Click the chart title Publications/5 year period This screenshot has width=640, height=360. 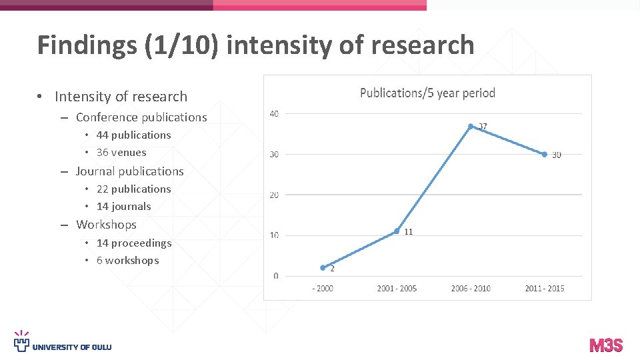pos(427,93)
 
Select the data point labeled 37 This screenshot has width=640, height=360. pos(471,126)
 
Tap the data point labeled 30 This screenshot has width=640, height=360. pos(545,154)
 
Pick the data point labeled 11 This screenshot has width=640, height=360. pos(397,231)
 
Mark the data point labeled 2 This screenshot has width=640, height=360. pos(323,267)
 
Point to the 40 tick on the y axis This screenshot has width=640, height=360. pos(274,114)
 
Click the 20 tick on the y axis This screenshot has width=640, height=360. pos(274,195)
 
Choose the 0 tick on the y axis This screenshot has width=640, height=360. pos(276,276)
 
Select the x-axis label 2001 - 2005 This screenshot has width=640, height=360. pos(397,289)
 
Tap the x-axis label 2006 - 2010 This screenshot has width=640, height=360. pos(471,289)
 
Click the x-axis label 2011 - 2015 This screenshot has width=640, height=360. pos(545,289)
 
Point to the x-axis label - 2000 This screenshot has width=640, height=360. pos(323,289)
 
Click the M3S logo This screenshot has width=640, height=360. pos(606,345)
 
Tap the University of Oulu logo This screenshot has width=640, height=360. pos(63,343)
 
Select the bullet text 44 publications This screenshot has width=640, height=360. pos(133,135)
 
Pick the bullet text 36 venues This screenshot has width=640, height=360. pos(121,152)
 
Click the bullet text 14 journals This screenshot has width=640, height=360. pos(123,206)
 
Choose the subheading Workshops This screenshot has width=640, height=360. pos(106,225)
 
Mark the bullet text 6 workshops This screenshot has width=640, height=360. pos(127,260)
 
